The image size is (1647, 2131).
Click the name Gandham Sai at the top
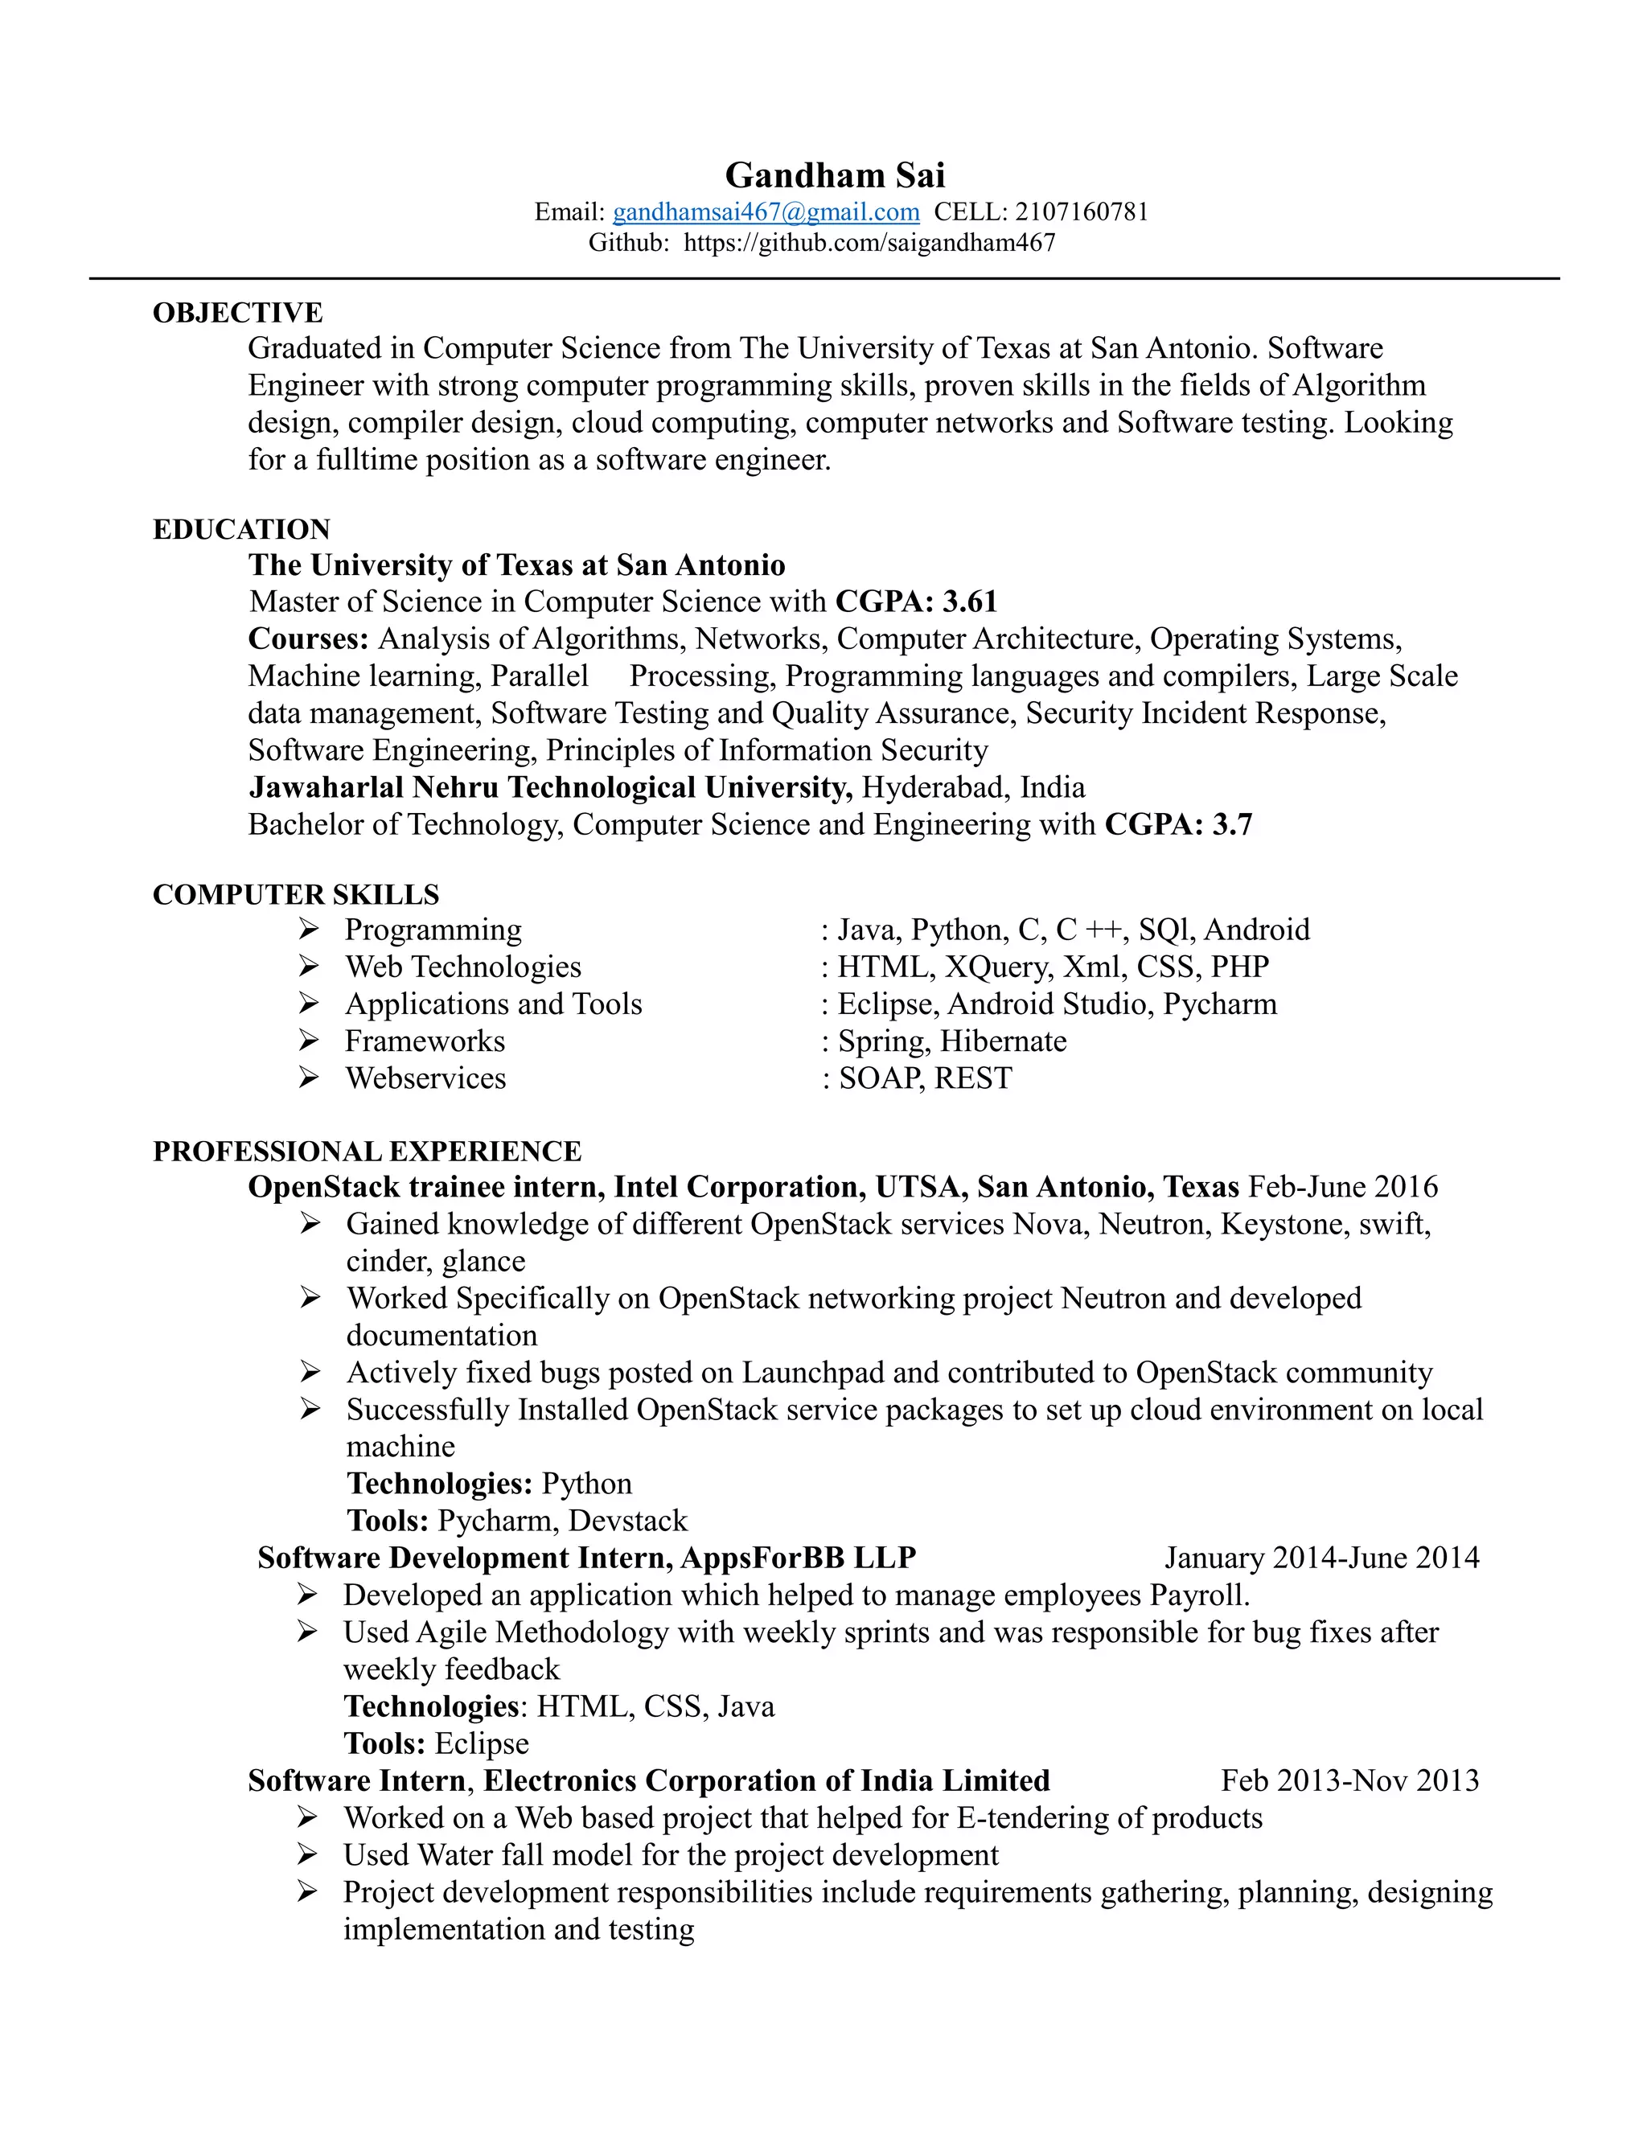coord(834,175)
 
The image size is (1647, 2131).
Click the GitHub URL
coord(869,243)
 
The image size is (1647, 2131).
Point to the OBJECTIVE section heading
coord(237,312)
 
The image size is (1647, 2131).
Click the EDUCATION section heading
coord(241,529)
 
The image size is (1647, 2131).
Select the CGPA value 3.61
coord(970,602)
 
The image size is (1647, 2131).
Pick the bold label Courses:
coord(308,639)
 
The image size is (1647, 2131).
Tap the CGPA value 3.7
coord(1232,824)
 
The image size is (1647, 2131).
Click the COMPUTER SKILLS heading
coord(296,895)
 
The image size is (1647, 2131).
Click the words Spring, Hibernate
coord(951,1041)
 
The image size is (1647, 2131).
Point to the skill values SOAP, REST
coord(925,1078)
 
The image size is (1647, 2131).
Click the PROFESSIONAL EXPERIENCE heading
coord(367,1152)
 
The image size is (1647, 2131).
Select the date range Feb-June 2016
coord(1342,1188)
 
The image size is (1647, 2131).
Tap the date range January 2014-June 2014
coord(1321,1558)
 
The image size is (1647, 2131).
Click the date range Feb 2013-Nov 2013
coord(1349,1780)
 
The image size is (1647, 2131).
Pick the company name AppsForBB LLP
coord(798,1558)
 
